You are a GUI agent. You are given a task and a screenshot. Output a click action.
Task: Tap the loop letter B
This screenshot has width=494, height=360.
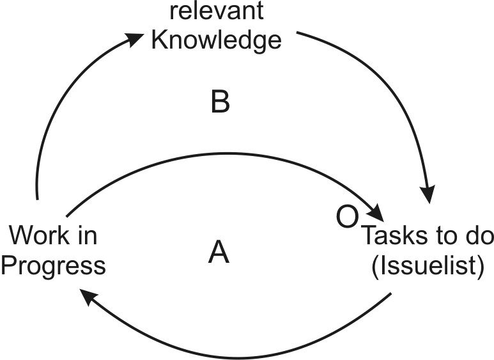coord(220,102)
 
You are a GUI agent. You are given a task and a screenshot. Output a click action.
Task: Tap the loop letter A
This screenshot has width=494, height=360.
coord(219,254)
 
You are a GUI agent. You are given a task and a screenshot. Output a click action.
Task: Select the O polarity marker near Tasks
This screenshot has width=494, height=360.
coord(346,217)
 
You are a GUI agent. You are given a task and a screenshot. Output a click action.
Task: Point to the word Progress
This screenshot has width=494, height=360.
coord(53,265)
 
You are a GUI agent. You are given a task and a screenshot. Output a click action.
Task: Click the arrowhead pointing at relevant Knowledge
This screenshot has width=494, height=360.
coord(135,40)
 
